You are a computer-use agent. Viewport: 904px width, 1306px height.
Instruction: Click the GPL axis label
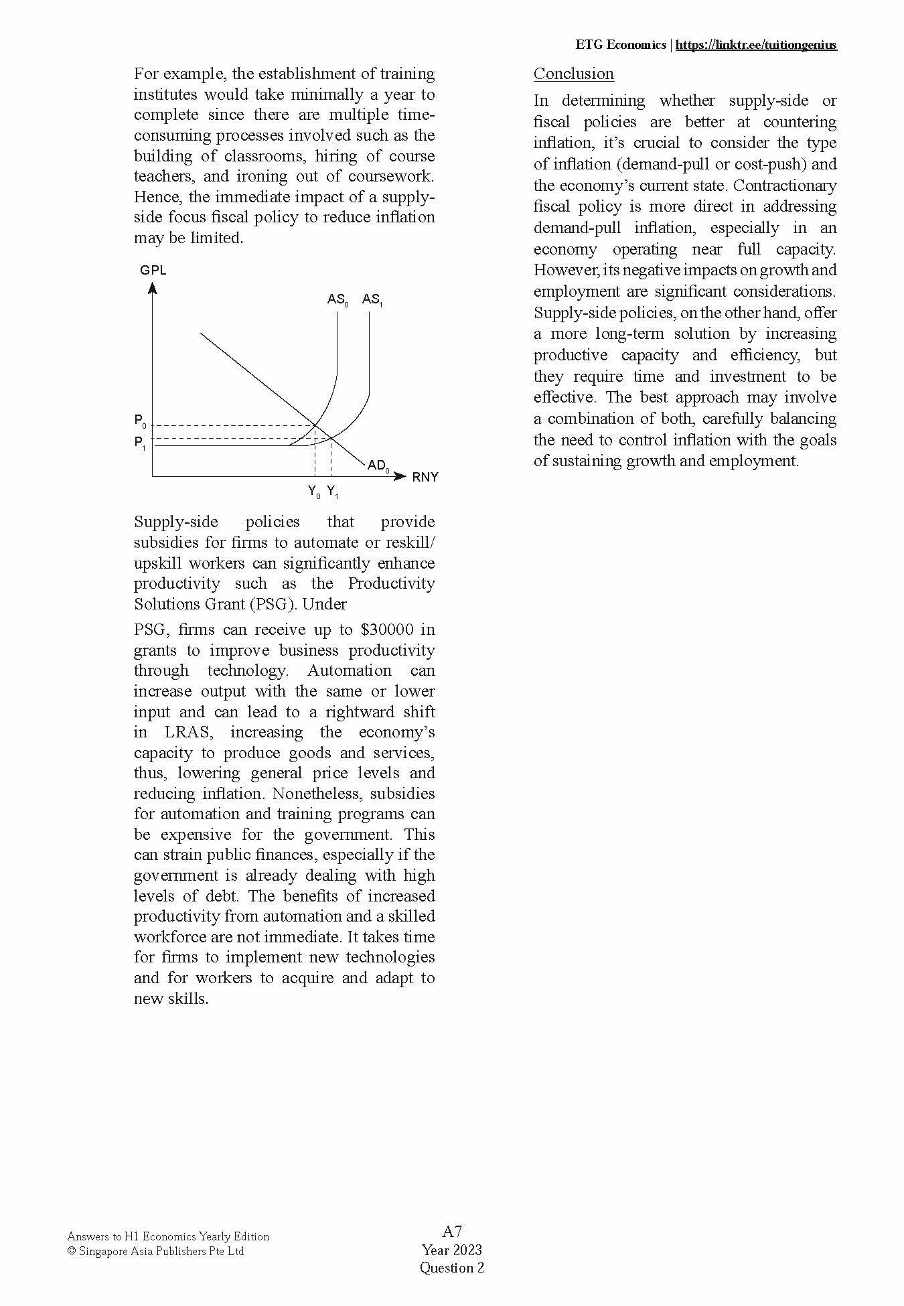[153, 271]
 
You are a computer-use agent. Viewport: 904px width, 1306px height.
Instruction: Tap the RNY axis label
[425, 478]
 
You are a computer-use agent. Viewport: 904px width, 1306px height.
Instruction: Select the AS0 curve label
[337, 299]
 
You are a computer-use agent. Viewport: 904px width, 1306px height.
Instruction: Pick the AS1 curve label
[372, 299]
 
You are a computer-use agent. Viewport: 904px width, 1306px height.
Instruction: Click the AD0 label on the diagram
[378, 465]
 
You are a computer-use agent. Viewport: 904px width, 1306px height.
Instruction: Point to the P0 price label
[140, 421]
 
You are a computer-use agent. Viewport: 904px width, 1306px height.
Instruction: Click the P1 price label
[140, 443]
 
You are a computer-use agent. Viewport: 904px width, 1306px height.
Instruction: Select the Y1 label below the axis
[333, 492]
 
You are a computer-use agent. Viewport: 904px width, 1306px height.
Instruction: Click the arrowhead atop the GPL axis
[153, 289]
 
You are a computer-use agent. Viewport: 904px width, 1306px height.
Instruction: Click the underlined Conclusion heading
[573, 74]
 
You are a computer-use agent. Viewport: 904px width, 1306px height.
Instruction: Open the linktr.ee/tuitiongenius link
[755, 45]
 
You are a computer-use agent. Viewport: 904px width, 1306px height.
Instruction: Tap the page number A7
[452, 1231]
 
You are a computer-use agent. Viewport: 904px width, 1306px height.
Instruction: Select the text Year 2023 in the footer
[451, 1250]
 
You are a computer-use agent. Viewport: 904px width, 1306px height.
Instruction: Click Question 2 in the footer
[451, 1267]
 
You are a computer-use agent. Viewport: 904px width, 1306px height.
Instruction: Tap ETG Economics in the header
[620, 45]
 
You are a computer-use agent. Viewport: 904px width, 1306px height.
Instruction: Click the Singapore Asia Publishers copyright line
[156, 1251]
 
